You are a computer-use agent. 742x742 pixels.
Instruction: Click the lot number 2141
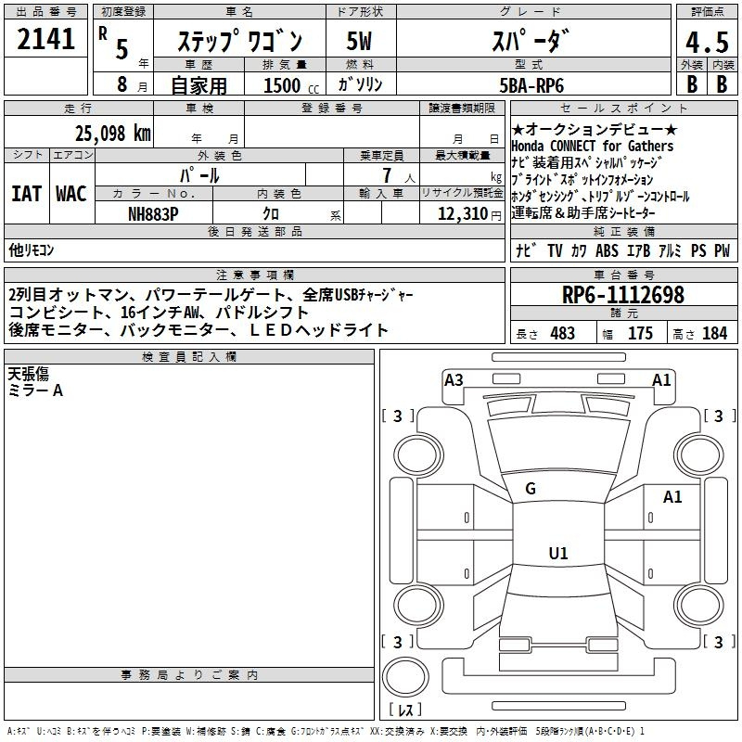point(45,39)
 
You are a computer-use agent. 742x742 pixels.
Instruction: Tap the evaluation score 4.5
point(707,42)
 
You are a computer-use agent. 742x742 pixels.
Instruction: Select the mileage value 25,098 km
point(112,134)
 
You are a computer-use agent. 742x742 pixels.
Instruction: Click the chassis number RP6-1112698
point(622,295)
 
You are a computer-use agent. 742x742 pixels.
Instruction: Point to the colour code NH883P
point(153,214)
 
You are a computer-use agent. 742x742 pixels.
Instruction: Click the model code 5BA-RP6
point(531,85)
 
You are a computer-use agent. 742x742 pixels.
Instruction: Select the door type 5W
point(359,41)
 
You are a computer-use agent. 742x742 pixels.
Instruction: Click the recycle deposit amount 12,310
point(462,214)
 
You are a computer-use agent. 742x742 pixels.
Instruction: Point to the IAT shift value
point(27,194)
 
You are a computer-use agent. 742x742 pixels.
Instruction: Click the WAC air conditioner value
point(71,194)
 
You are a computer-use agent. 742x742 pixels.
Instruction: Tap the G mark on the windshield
point(531,489)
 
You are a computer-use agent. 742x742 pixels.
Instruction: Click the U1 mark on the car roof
point(558,553)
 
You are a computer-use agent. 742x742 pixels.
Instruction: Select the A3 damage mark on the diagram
point(454,380)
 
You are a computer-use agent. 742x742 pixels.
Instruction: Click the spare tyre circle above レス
point(405,677)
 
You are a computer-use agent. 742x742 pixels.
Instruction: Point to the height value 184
point(714,333)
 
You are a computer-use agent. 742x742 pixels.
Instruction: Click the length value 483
point(563,333)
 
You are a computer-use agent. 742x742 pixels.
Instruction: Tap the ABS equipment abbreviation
point(607,250)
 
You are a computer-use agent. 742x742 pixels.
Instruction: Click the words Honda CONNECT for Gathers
point(592,146)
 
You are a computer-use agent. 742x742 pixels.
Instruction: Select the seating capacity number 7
point(387,175)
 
